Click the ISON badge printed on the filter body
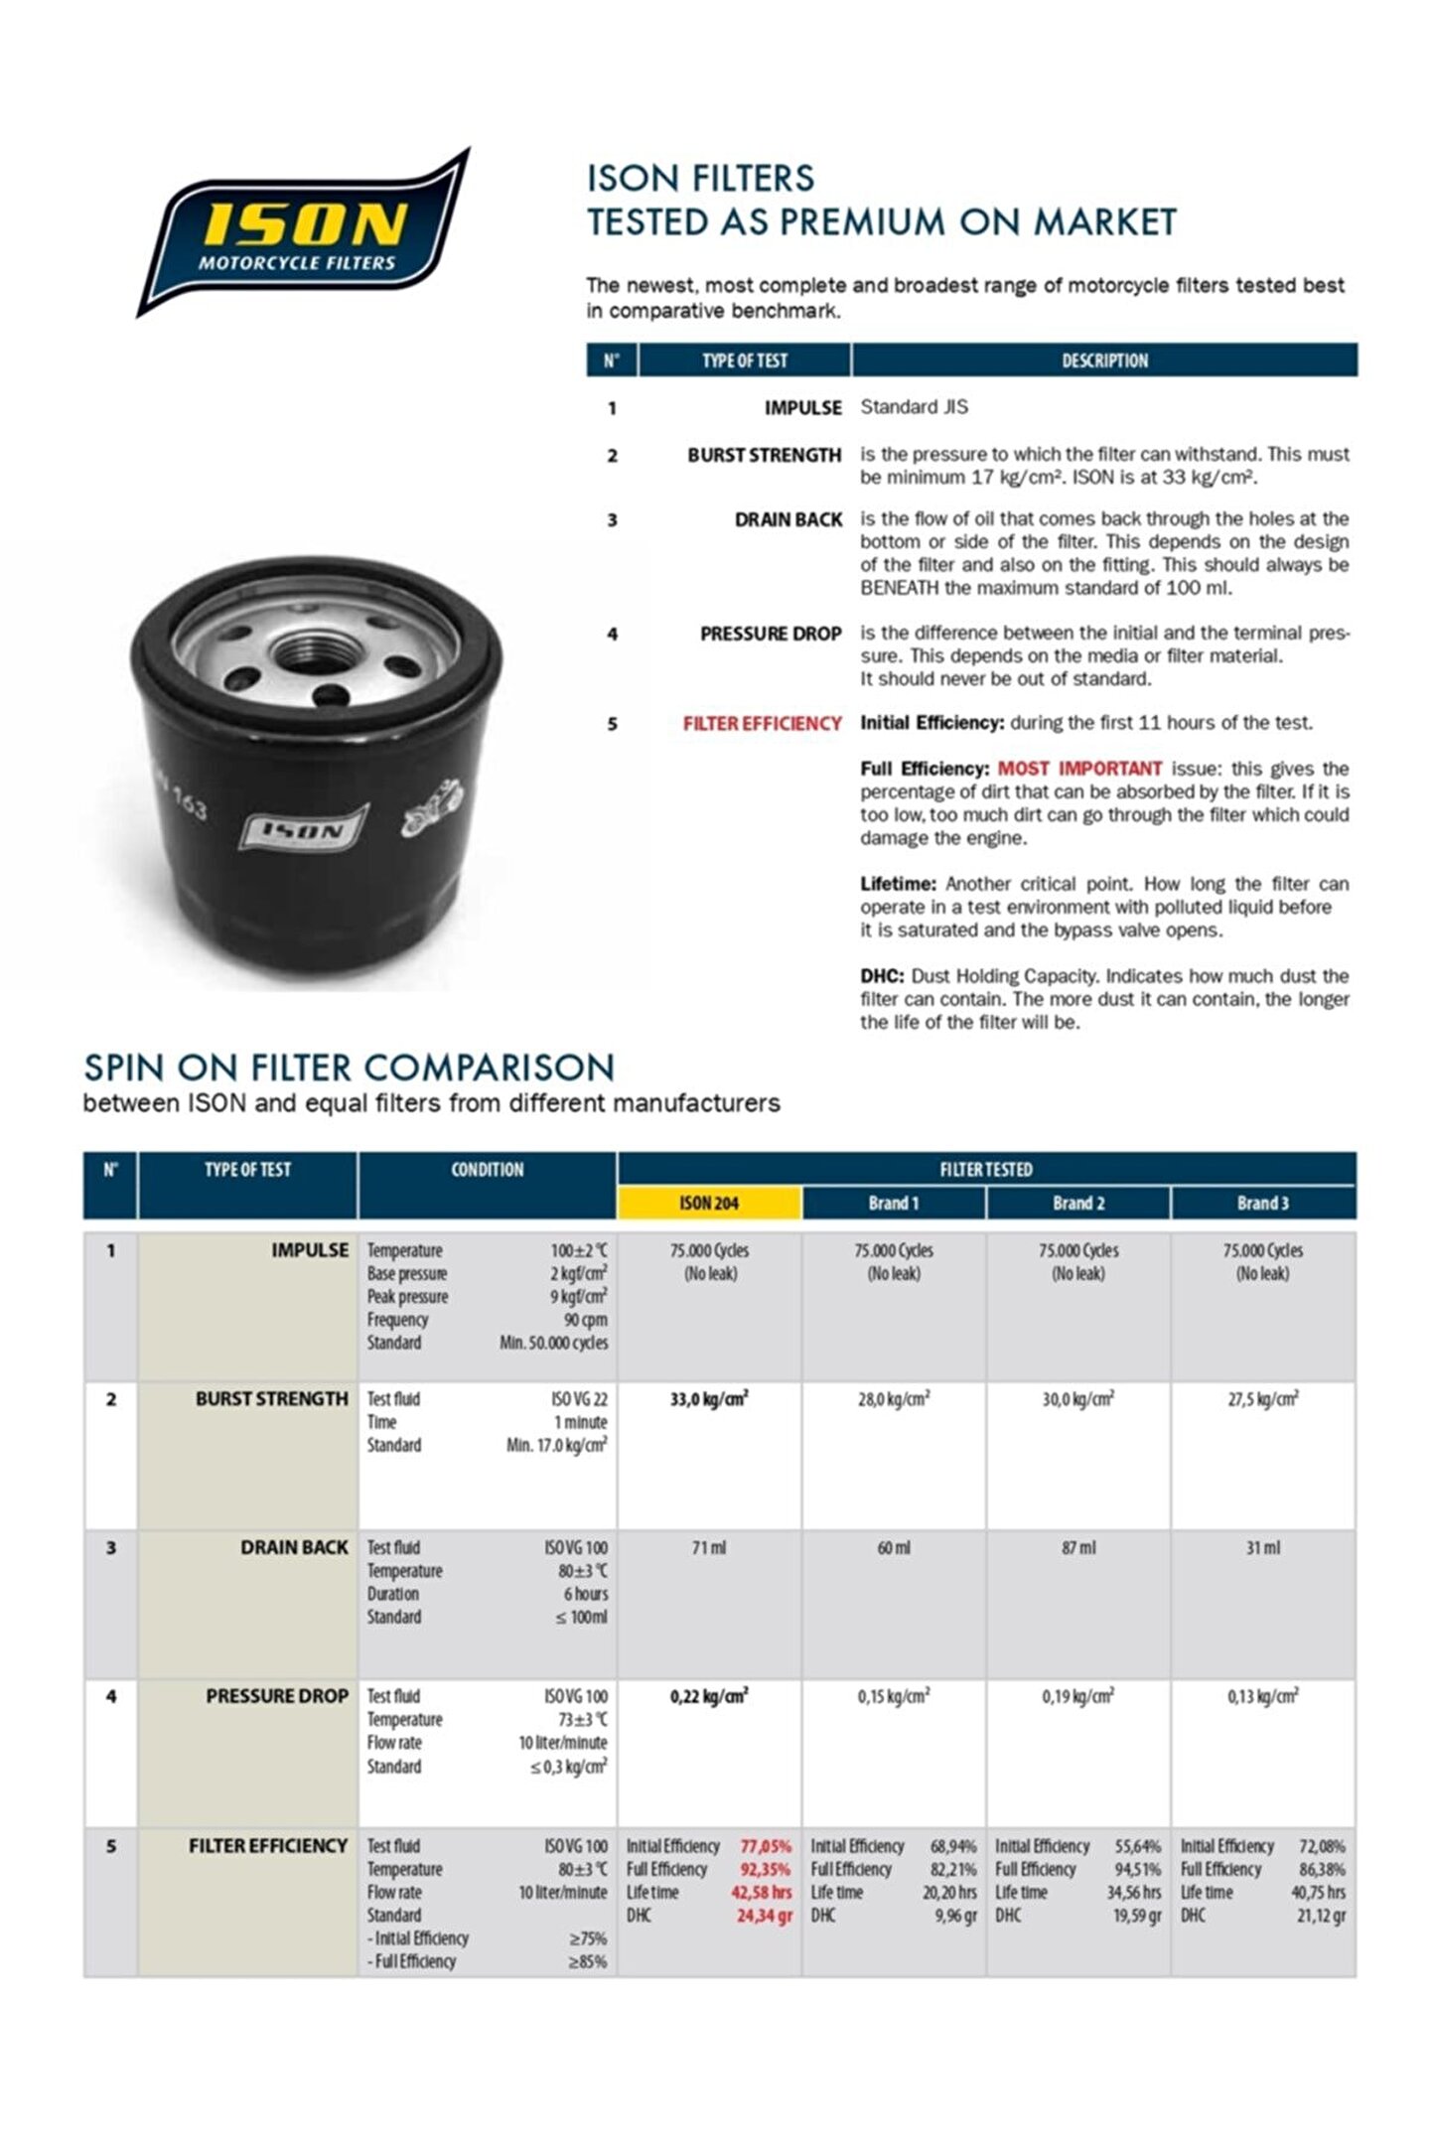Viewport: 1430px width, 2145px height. pyautogui.click(x=303, y=827)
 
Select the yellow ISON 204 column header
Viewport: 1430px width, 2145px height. pyautogui.click(x=709, y=1203)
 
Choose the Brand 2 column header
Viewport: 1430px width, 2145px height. pyautogui.click(x=1078, y=1203)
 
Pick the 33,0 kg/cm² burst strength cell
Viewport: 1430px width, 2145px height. pyautogui.click(x=709, y=1399)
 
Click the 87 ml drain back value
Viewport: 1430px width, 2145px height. pyautogui.click(x=1078, y=1547)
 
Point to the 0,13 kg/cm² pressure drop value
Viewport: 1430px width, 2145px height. pyautogui.click(x=1262, y=1696)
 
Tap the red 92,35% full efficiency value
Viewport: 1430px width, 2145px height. pyautogui.click(x=765, y=1869)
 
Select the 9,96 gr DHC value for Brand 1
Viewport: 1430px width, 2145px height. pyautogui.click(x=955, y=1915)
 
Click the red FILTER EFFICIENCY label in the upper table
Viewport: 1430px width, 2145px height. pyautogui.click(x=762, y=723)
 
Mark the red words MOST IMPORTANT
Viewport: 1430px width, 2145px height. pyautogui.click(x=1079, y=768)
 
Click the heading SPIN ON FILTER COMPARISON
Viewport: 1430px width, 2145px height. pyautogui.click(x=350, y=1068)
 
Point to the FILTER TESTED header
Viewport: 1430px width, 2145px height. pyautogui.click(x=986, y=1169)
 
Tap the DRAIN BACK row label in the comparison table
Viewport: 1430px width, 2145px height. pyautogui.click(x=294, y=1547)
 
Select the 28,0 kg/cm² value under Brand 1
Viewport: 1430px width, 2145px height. pyautogui.click(x=894, y=1399)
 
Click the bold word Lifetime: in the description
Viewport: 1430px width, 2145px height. pyautogui.click(x=898, y=883)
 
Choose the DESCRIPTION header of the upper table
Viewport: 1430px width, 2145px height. pyautogui.click(x=1104, y=360)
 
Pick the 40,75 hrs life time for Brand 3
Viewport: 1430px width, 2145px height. pyautogui.click(x=1318, y=1892)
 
